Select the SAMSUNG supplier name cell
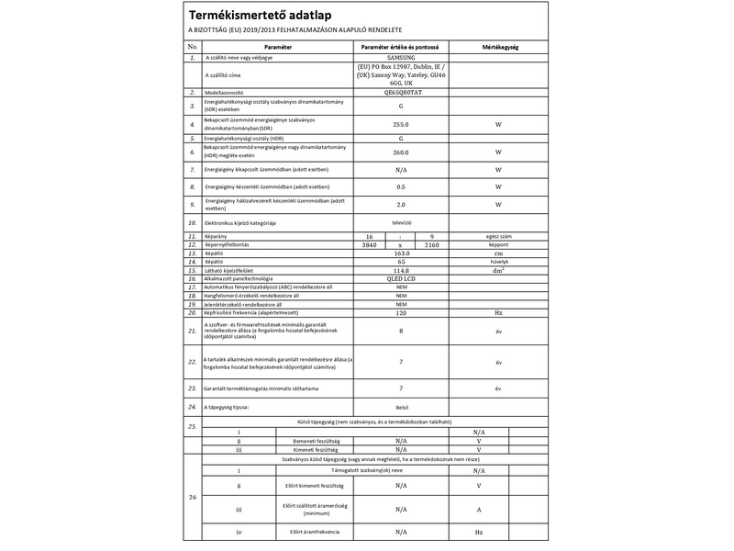point(400,57)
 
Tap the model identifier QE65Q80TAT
point(400,93)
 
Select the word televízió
point(400,222)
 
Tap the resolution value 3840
point(369,245)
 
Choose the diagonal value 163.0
point(400,253)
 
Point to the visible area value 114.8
point(400,271)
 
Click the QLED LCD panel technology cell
point(400,279)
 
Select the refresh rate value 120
point(400,313)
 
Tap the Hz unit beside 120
point(497,313)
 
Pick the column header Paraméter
point(278,45)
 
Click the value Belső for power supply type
point(400,406)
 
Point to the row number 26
point(192,497)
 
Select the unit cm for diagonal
point(497,253)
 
